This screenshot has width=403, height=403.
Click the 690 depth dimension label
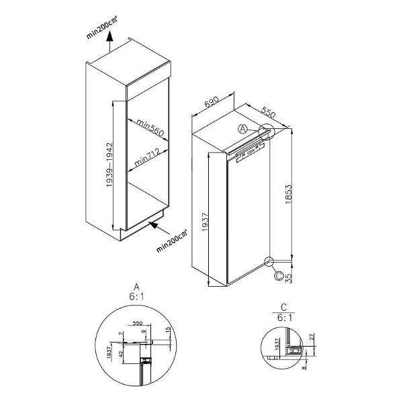tap(212, 103)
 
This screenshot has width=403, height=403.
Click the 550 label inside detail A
tap(138, 322)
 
